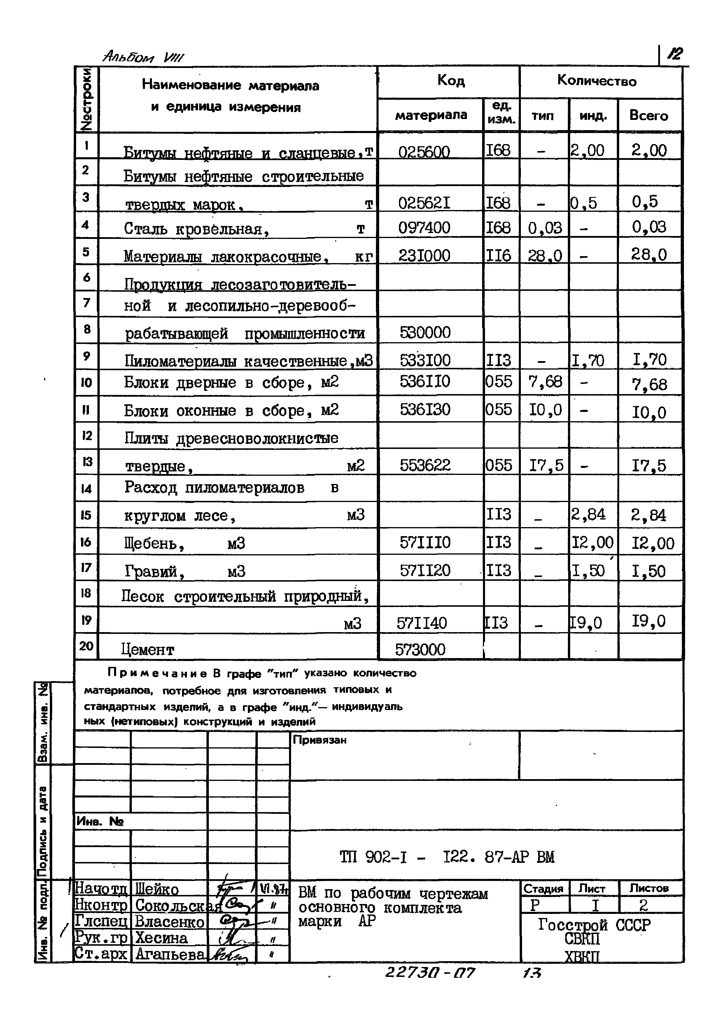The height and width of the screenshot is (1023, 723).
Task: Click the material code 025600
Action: pyautogui.click(x=424, y=152)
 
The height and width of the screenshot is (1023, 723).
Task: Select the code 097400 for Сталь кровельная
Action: pyautogui.click(x=424, y=228)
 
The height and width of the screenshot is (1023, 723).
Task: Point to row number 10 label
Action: pyautogui.click(x=86, y=383)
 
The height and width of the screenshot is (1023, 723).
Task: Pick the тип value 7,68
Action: pyautogui.click(x=545, y=382)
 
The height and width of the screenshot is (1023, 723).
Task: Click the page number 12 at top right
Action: pyautogui.click(x=675, y=54)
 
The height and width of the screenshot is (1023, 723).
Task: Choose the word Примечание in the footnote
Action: pyautogui.click(x=157, y=673)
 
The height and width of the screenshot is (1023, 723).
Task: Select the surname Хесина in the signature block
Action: pyautogui.click(x=161, y=938)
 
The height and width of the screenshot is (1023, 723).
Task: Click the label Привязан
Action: pyautogui.click(x=319, y=740)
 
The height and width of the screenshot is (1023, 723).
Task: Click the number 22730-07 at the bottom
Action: pyautogui.click(x=430, y=973)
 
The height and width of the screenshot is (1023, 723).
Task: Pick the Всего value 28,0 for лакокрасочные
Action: pyautogui.click(x=649, y=255)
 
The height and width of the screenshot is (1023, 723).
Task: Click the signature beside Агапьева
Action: pyautogui.click(x=230, y=955)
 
